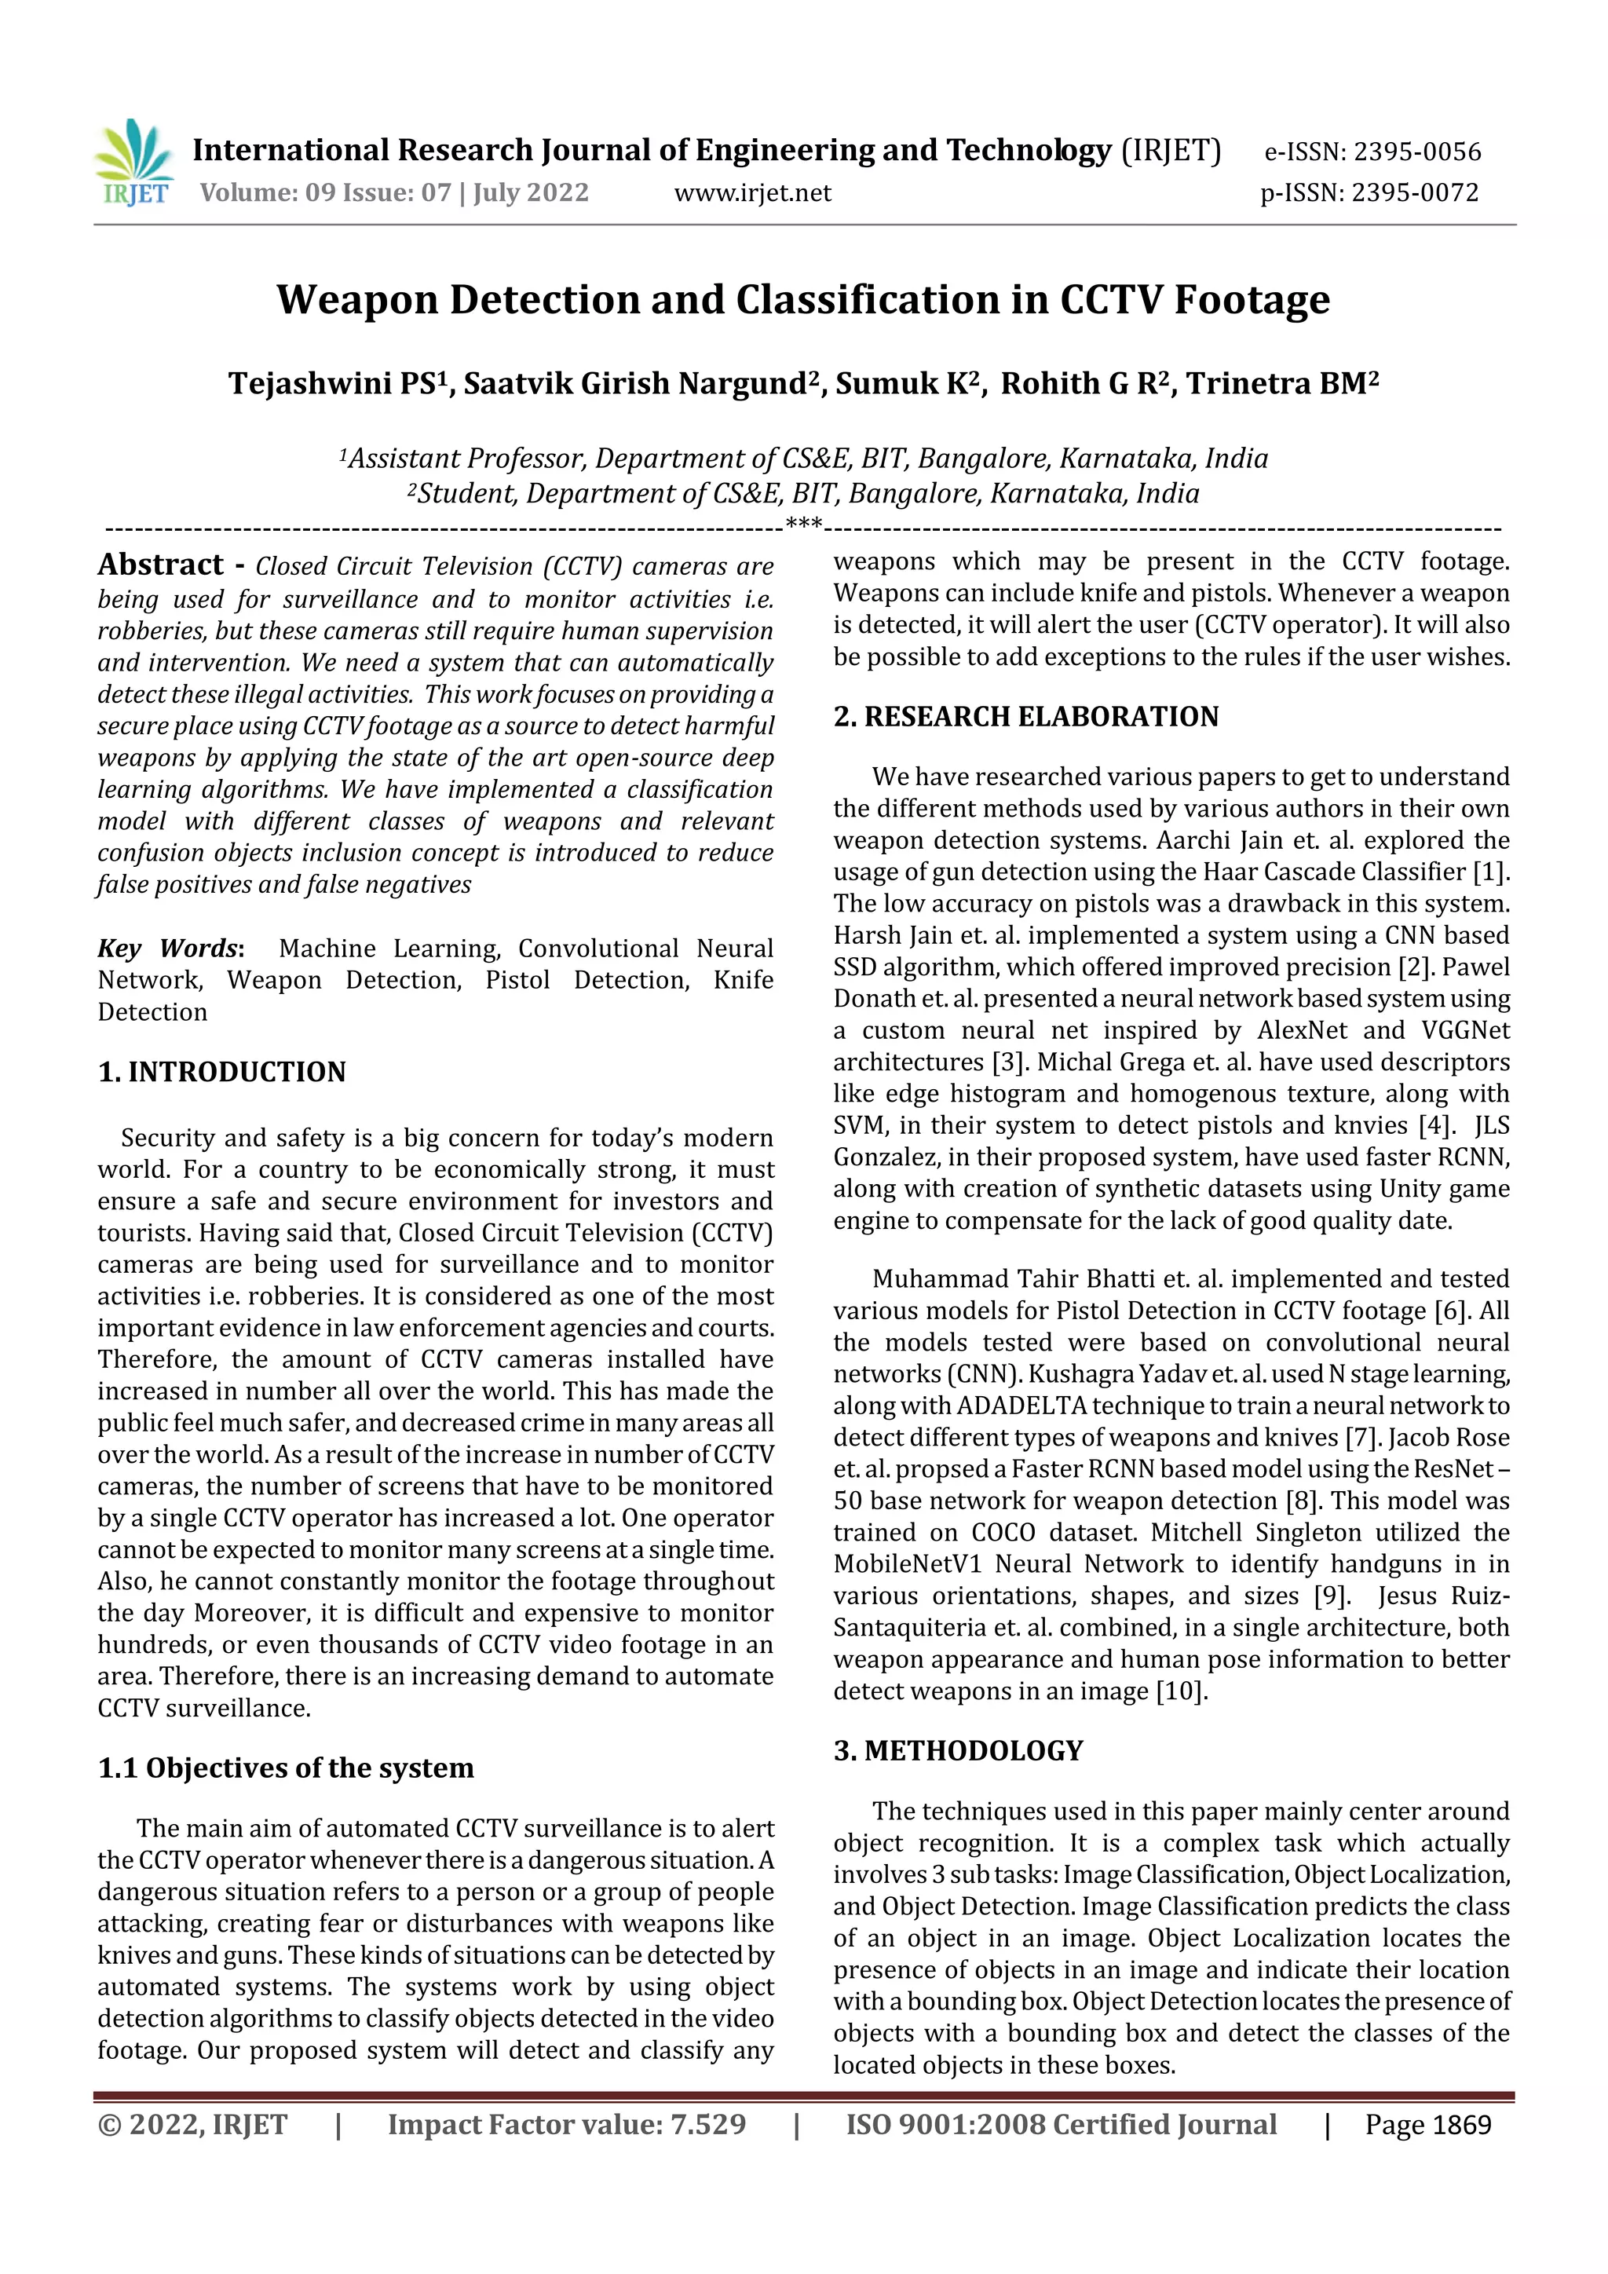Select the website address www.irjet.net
(x=752, y=192)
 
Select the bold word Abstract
(x=160, y=565)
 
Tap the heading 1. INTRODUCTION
(x=221, y=1072)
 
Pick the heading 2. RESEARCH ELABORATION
(x=1025, y=716)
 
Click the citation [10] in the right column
(x=1181, y=1691)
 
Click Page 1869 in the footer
(x=1427, y=2125)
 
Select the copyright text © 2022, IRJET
(x=192, y=2125)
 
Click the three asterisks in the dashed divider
(x=803, y=524)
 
